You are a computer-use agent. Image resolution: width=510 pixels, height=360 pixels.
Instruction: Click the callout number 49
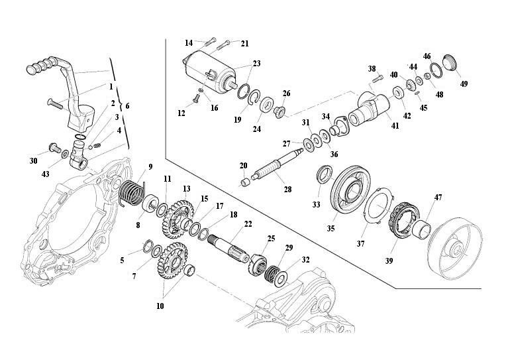464,84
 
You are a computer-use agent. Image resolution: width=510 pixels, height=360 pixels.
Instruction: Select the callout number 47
438,198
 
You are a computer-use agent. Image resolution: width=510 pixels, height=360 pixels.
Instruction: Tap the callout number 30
33,160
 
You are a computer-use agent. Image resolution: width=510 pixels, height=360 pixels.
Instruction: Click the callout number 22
248,224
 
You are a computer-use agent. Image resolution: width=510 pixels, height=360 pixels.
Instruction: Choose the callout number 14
189,42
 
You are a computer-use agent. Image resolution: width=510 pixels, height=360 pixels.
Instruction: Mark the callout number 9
150,166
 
